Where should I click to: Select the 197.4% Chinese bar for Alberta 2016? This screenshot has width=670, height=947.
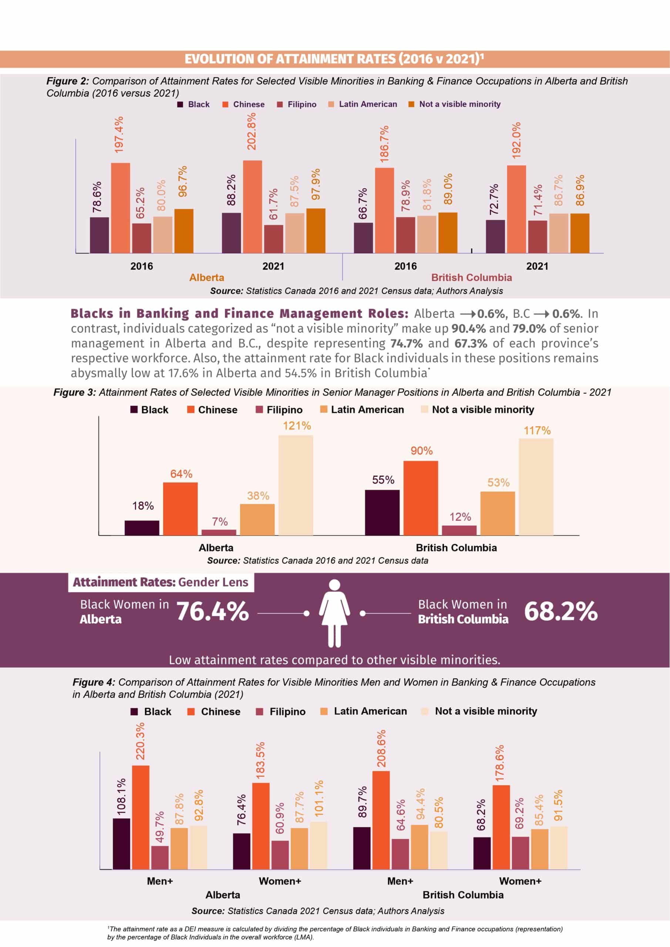[x=121, y=208]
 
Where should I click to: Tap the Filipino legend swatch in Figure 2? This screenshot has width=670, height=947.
[x=280, y=104]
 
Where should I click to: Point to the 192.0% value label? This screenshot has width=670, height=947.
[x=516, y=140]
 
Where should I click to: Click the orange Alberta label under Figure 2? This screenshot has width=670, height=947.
[x=207, y=277]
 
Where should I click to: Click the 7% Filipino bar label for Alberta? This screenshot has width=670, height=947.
[x=219, y=521]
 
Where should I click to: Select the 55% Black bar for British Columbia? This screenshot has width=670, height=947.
[x=382, y=513]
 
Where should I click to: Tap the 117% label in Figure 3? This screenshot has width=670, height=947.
[x=537, y=431]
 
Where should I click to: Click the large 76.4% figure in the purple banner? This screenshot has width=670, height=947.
[x=213, y=611]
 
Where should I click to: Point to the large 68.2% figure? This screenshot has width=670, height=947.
[x=560, y=611]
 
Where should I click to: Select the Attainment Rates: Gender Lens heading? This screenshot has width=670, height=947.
[x=161, y=582]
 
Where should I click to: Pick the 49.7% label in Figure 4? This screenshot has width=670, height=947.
[x=160, y=827]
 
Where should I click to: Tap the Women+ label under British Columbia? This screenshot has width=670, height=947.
[x=520, y=882]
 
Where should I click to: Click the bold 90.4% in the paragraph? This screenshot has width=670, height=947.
[x=468, y=329]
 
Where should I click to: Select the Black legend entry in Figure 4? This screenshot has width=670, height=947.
[x=151, y=711]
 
